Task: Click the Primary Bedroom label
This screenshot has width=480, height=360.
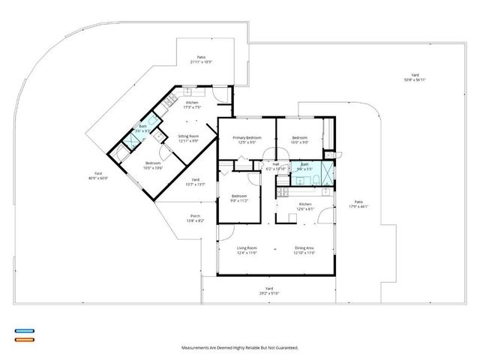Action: coord(247,138)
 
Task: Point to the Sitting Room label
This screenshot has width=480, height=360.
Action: coord(187,136)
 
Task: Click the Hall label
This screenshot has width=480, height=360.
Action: coord(276,163)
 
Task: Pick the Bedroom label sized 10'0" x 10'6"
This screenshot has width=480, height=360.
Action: coord(152,163)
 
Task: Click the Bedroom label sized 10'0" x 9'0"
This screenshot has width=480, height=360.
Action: coord(299,138)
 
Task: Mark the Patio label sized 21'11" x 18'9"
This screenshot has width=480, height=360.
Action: coord(201,57)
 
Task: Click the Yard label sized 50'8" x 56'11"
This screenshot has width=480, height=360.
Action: coord(414,75)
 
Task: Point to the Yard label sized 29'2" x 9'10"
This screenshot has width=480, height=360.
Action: coord(268,288)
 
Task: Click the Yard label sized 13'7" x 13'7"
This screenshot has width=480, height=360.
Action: coord(195,180)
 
